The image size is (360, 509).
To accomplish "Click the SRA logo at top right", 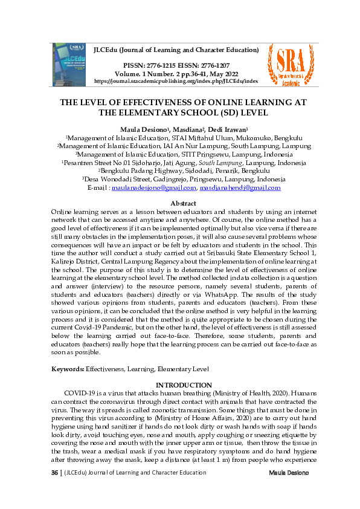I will point(293,62).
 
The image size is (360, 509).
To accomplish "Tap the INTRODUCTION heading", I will point(184,385).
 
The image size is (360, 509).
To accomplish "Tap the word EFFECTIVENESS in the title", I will point(172,102).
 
